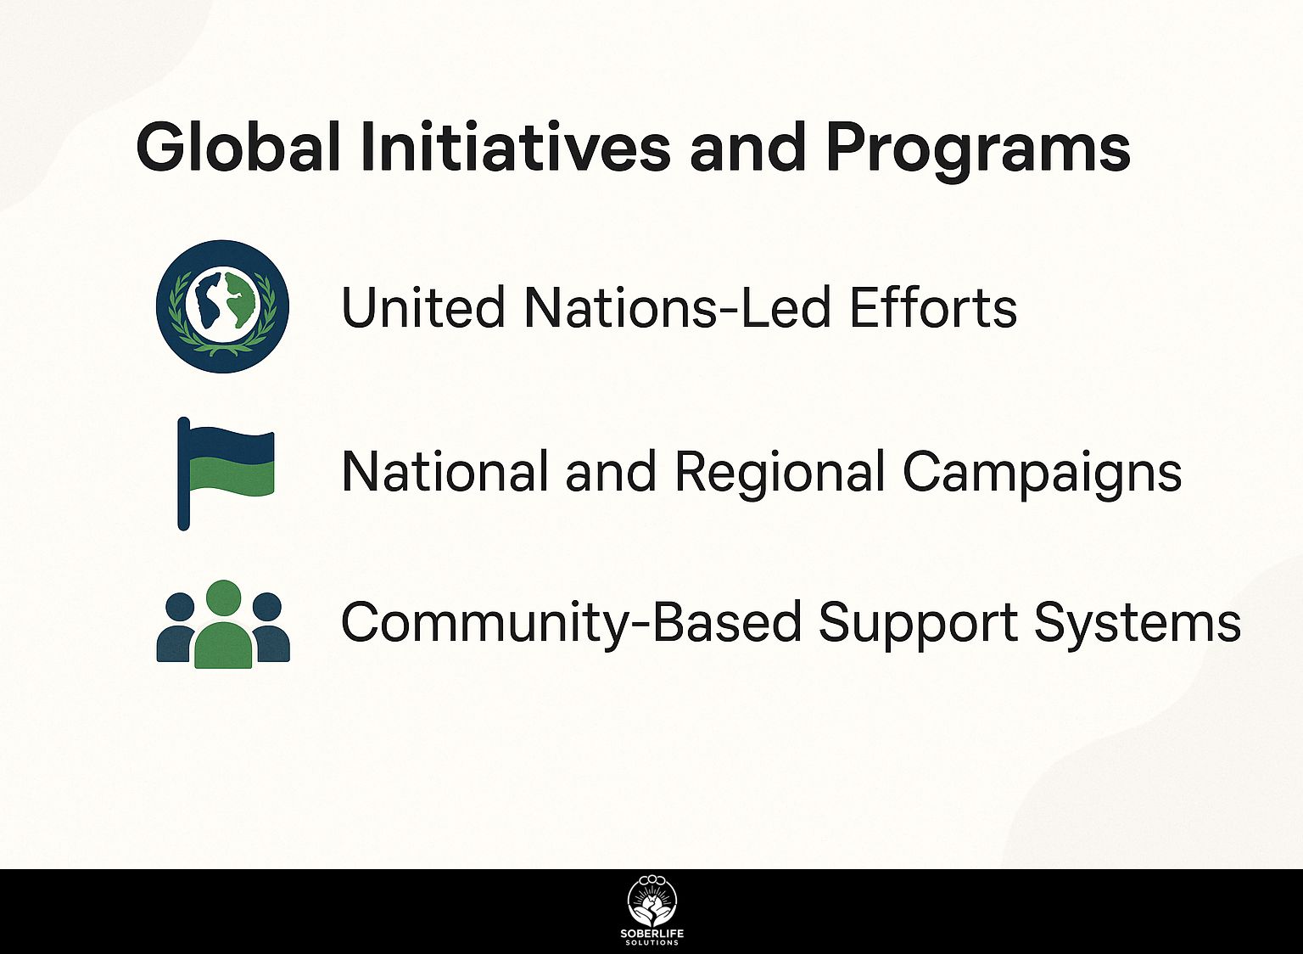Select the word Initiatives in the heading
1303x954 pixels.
pyautogui.click(x=516, y=147)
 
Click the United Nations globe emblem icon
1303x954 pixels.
pyautogui.click(x=222, y=306)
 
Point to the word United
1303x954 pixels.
pyautogui.click(x=423, y=307)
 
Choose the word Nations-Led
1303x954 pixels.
pyautogui.click(x=676, y=307)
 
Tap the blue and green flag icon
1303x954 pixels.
pyautogui.click(x=226, y=474)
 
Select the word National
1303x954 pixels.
pyautogui.click(x=445, y=471)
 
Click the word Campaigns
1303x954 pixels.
pyautogui.click(x=1042, y=475)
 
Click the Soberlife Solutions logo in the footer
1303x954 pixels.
pyautogui.click(x=652, y=911)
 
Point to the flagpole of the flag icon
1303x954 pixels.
pyautogui.click(x=183, y=474)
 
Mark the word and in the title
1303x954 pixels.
pyautogui.click(x=748, y=147)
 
